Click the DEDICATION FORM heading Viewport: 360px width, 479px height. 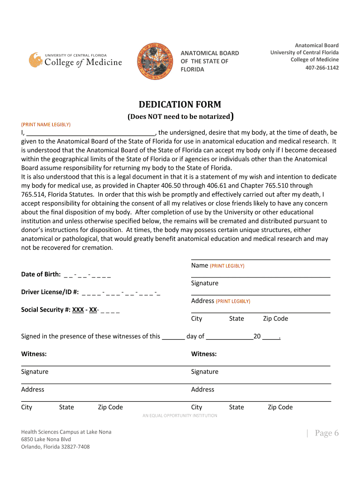pos(180,104)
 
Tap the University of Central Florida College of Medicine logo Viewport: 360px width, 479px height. pos(75,60)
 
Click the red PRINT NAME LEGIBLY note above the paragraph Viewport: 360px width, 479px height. pos(46,124)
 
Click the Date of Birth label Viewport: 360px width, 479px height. pos(41,274)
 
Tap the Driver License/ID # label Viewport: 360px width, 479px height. pos(50,292)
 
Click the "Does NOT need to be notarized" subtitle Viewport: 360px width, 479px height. pos(180,116)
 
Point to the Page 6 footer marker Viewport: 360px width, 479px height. pos(326,433)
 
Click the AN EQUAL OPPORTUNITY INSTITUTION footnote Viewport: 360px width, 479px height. pos(180,415)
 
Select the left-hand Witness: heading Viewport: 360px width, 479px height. pos(34,354)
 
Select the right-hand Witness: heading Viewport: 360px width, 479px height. pos(204,354)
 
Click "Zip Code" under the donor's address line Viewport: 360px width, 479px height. pos(275,319)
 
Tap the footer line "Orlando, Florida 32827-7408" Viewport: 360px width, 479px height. pos(55,447)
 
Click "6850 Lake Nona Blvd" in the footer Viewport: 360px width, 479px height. pos(46,439)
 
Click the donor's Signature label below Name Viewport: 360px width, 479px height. pos(204,283)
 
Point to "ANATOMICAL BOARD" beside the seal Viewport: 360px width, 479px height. pos(209,53)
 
